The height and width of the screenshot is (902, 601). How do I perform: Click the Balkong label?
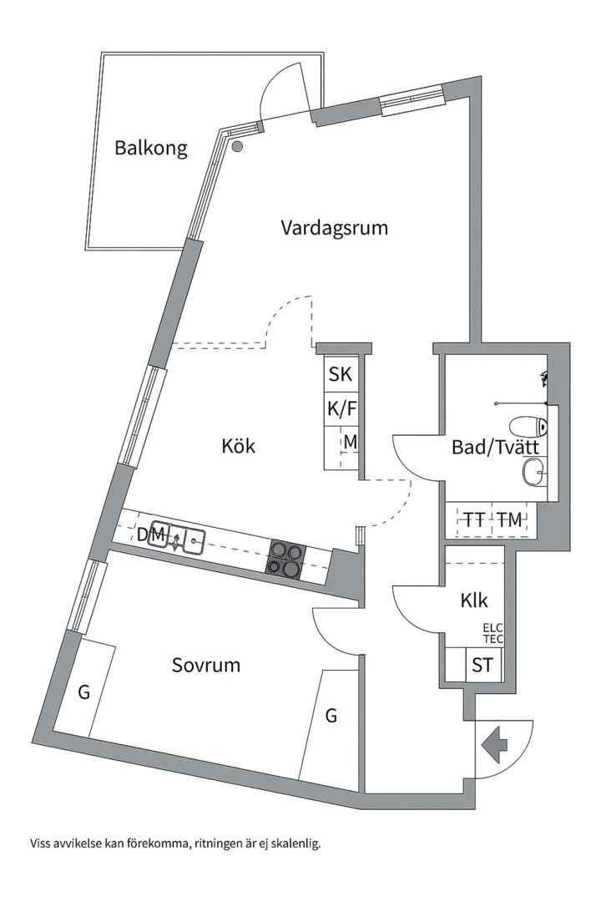(x=151, y=149)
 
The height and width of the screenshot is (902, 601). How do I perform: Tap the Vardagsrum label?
(x=334, y=227)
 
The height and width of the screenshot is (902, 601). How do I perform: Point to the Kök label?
(x=238, y=446)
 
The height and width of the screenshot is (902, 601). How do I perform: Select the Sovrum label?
(x=206, y=665)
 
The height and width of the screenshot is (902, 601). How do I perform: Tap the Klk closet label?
(x=473, y=600)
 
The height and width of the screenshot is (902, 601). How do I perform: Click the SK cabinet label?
(x=340, y=375)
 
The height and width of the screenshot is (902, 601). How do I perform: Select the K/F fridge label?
(x=340, y=409)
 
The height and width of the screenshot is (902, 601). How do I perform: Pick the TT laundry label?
(x=475, y=519)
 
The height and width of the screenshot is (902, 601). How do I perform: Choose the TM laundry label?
(x=509, y=519)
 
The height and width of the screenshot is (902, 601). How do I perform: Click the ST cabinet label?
(x=482, y=666)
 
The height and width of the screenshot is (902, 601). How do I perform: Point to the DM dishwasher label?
(x=151, y=533)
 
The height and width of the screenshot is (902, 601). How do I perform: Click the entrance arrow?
(x=494, y=742)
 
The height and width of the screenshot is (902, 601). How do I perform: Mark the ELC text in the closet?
(x=493, y=628)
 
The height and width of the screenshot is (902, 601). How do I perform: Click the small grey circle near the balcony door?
(x=237, y=147)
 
